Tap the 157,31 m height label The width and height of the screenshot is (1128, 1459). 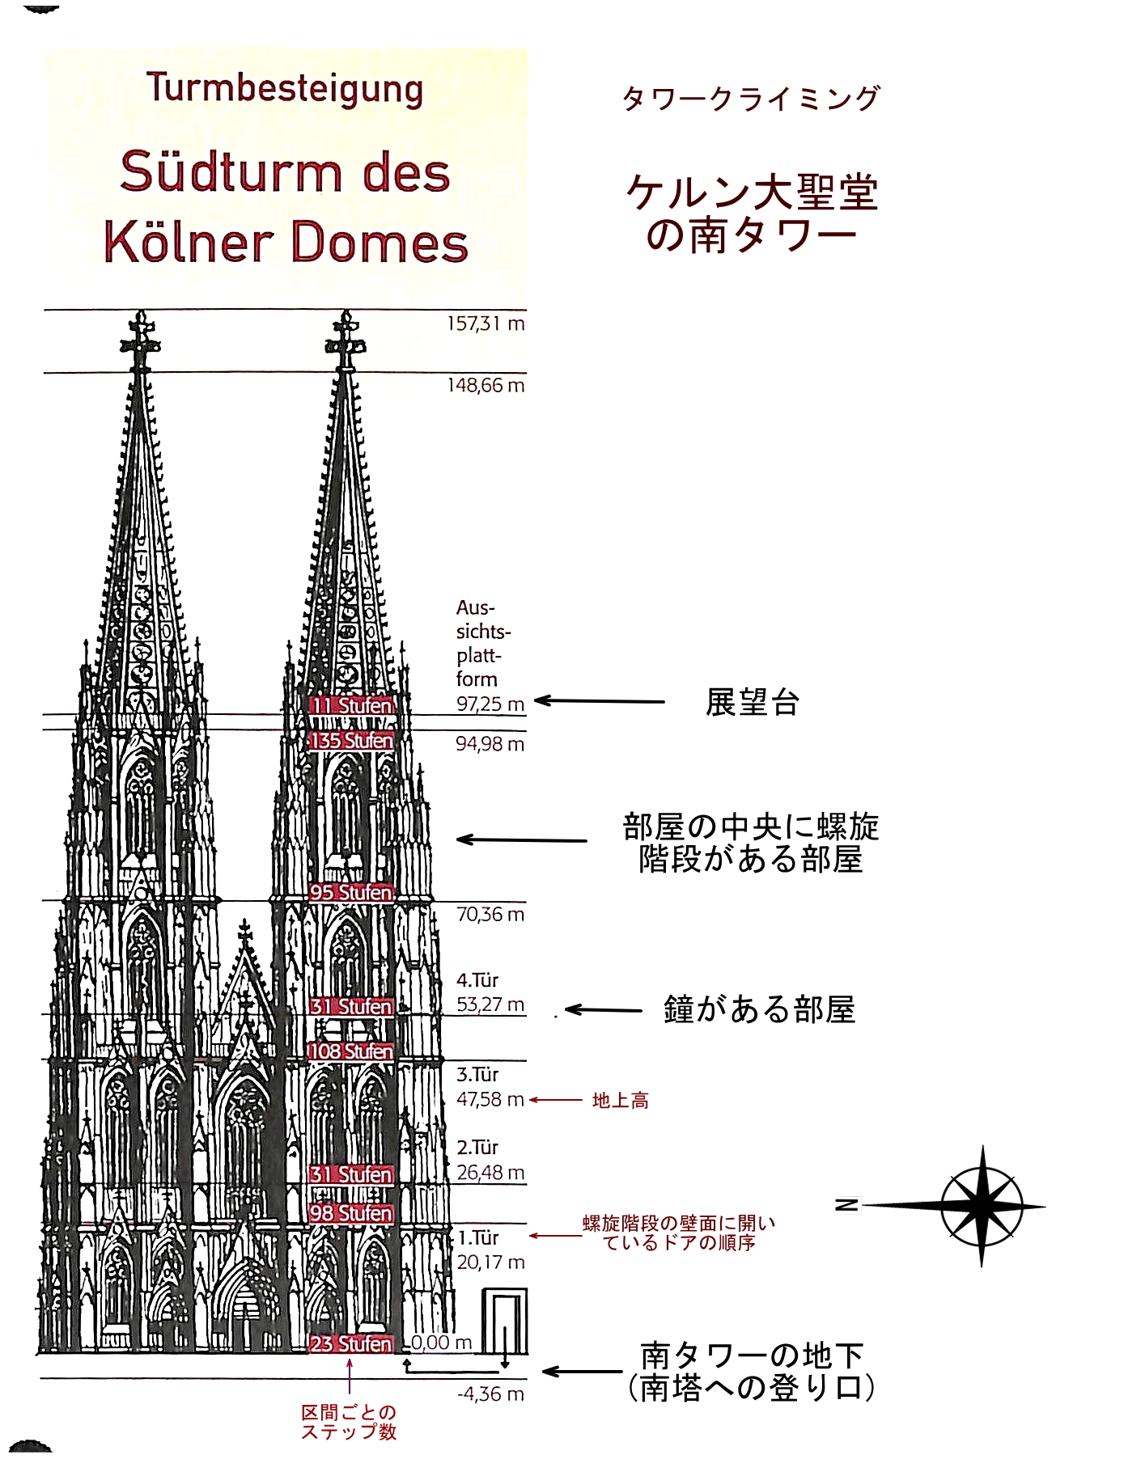486,324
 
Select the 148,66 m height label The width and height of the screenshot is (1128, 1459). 486,386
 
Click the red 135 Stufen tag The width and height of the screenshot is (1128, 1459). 351,741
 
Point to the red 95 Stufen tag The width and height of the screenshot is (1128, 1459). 351,893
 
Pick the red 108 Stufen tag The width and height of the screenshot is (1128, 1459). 351,1051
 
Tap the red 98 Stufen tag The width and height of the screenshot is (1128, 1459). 351,1213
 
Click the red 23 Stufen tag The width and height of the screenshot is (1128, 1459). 351,1343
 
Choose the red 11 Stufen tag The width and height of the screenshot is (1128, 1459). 351,705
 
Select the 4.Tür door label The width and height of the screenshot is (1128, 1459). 477,980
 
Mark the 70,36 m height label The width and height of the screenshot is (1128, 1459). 490,915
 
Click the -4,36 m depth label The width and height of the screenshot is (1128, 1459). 490,1394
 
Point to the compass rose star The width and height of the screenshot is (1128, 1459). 982,1206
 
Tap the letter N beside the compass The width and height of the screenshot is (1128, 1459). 846,1205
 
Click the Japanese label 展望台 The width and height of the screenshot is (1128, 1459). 753,702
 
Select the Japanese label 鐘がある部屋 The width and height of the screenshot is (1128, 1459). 759,1009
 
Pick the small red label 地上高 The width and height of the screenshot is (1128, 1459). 621,1100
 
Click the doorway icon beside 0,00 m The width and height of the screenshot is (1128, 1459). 505,1322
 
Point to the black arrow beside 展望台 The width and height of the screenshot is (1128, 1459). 599,701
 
